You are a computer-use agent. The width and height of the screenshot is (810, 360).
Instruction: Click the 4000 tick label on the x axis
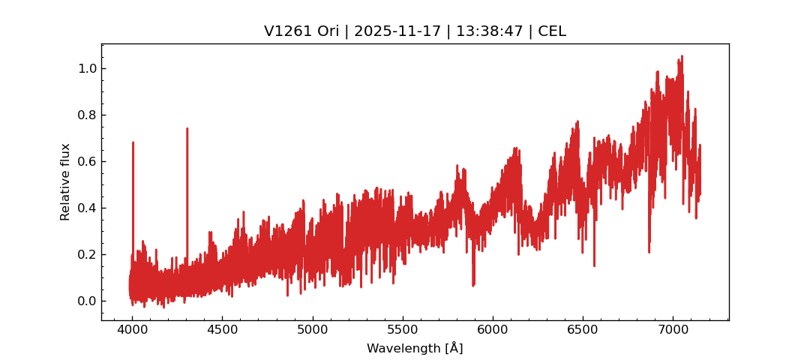coord(132,330)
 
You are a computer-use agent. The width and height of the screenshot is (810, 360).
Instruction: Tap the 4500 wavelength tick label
coord(222,330)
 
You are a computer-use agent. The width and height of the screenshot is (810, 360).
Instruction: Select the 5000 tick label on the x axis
coord(312,330)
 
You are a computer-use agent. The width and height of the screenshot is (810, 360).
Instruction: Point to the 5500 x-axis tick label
coord(402,330)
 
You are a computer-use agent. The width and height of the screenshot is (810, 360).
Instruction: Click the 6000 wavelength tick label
coord(492,330)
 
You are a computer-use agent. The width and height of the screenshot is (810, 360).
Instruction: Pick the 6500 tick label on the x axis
coord(582,330)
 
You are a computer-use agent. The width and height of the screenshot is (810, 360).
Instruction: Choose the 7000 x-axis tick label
coord(672,330)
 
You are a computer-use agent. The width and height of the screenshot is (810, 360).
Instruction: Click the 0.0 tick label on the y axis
coord(86,301)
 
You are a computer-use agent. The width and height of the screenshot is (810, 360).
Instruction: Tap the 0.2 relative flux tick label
coord(86,254)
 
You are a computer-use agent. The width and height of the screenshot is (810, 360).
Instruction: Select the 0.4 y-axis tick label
coord(86,208)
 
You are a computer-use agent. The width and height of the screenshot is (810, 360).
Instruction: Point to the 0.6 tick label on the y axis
coord(86,161)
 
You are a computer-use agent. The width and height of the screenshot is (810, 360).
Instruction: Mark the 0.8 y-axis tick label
coord(86,115)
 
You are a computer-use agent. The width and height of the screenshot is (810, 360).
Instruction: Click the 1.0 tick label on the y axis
coord(86,68)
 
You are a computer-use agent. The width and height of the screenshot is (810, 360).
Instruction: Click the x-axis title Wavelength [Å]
coord(415,348)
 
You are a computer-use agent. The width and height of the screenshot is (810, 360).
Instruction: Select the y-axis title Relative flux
coord(65,181)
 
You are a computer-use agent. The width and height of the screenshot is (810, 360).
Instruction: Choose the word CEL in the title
coord(552,31)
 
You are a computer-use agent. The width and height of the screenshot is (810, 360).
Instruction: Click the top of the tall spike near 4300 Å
coord(187,128)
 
